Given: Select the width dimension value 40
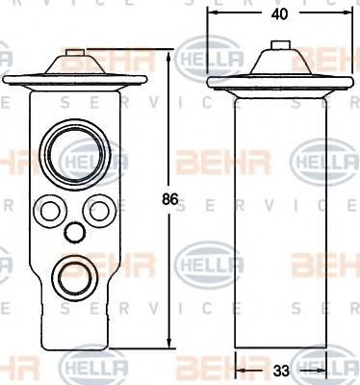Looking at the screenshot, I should (278, 13).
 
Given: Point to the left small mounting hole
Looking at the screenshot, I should (47, 208).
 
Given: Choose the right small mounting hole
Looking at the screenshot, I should (97, 208).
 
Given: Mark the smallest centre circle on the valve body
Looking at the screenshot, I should (72, 232).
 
